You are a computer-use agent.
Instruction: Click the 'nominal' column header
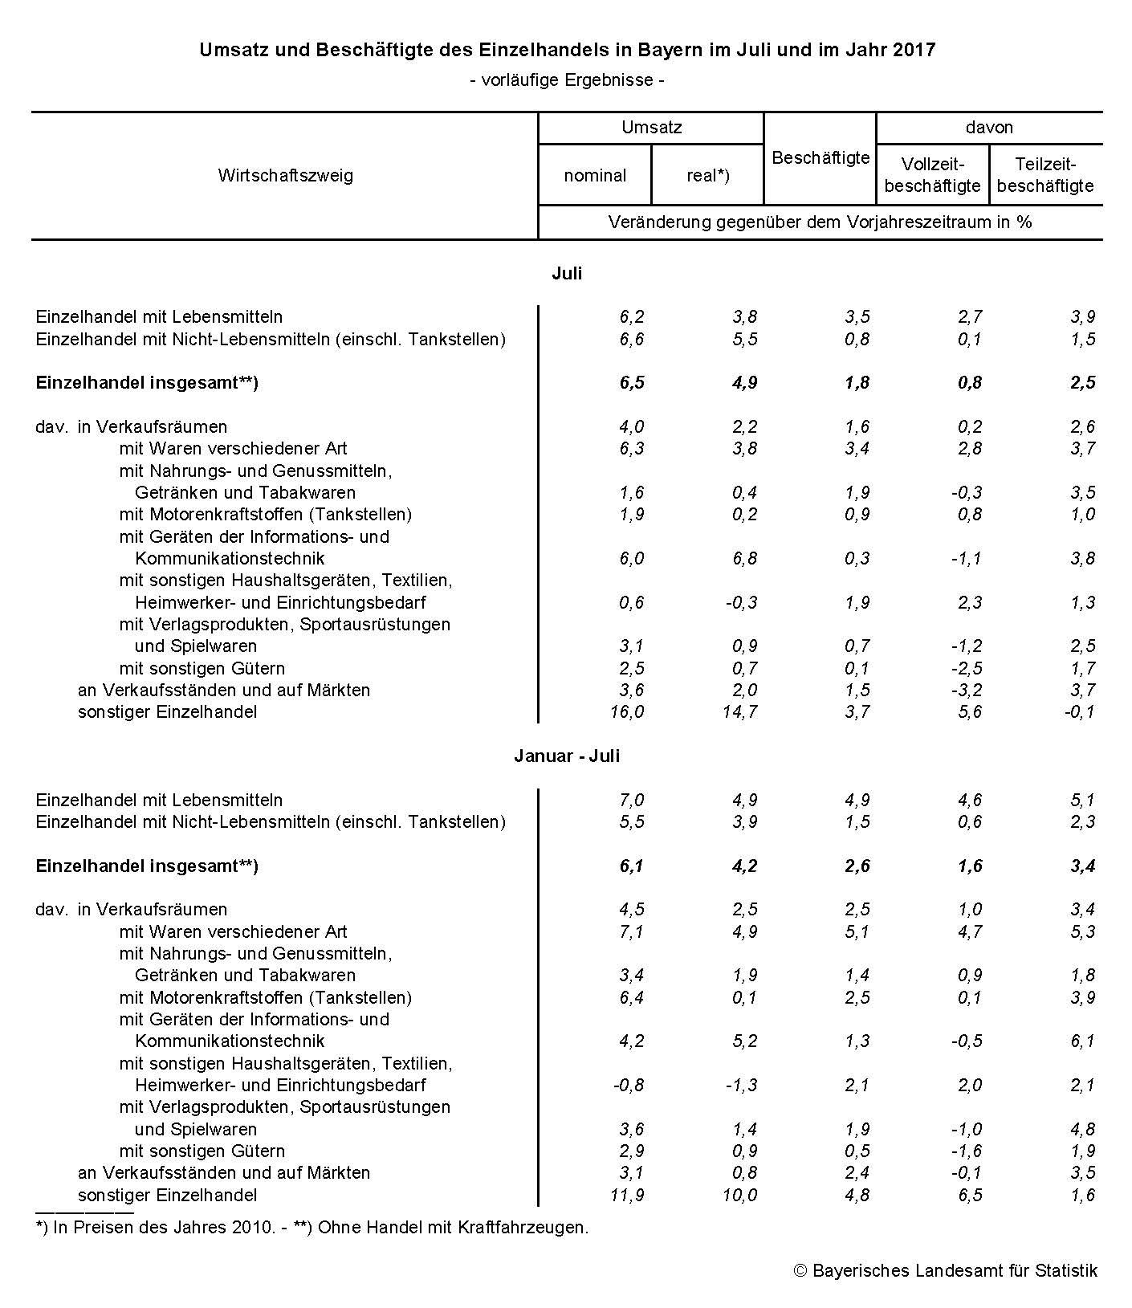595,175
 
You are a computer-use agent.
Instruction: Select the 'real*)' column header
707,175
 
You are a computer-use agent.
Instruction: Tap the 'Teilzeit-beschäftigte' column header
1045,175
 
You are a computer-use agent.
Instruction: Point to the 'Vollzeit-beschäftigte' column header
932,175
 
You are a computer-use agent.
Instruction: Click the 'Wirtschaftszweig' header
285,175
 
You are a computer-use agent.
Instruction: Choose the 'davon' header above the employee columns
989,127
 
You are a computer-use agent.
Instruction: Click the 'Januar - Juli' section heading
567,756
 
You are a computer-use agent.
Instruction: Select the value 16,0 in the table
627,711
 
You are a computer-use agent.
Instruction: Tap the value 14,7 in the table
739,711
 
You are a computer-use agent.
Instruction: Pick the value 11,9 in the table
627,1195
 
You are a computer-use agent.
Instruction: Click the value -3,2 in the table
966,690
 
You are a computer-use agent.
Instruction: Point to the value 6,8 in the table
744,558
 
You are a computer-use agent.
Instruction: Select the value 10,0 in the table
739,1195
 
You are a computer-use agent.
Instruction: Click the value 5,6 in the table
970,711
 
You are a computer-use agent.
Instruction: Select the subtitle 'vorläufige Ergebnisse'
567,79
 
